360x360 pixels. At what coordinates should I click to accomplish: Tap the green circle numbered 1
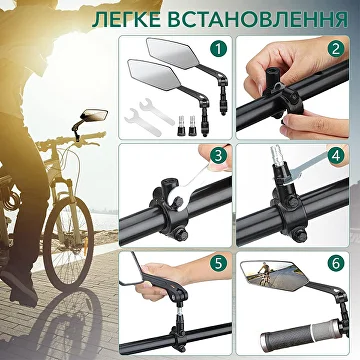(218, 49)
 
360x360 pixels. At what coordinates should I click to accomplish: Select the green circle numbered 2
(335, 49)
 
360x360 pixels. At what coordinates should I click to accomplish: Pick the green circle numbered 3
(218, 156)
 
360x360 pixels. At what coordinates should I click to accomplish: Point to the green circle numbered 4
(335, 156)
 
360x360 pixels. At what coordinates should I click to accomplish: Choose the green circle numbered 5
(218, 264)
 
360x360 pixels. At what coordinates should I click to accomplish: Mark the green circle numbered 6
(335, 264)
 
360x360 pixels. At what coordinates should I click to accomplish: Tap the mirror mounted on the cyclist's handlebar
(95, 115)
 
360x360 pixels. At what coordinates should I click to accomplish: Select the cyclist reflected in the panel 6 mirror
(264, 276)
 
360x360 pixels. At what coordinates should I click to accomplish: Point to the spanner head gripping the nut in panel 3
(176, 200)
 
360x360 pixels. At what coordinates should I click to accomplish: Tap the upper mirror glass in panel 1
(173, 53)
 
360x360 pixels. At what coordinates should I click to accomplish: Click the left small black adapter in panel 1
(182, 125)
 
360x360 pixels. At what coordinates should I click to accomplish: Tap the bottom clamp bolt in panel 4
(301, 235)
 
